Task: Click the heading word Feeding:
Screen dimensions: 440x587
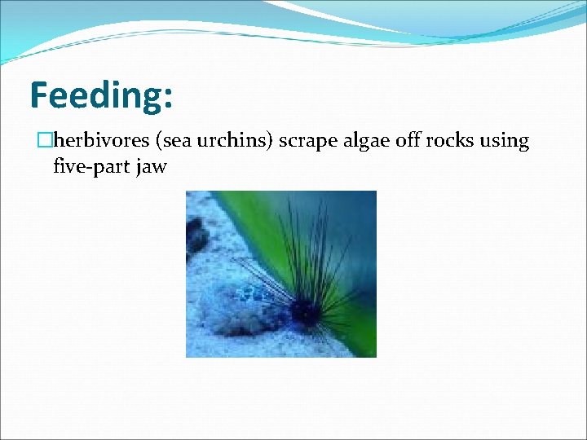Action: click(101, 95)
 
